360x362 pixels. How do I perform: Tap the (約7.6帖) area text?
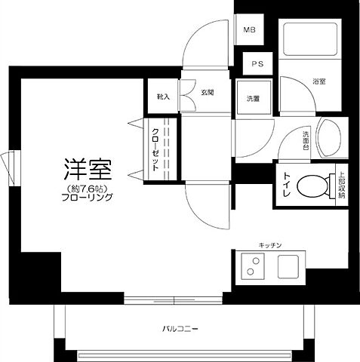[x=88, y=187]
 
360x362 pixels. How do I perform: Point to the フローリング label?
[x=88, y=198]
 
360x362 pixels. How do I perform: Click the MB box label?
[x=248, y=31]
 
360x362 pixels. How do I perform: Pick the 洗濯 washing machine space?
[x=253, y=97]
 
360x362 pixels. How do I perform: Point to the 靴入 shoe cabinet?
[x=164, y=97]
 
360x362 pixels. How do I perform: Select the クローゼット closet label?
[x=155, y=151]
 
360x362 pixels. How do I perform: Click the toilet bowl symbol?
[x=313, y=185]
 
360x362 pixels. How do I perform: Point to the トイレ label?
[x=287, y=185]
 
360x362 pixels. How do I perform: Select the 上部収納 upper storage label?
[x=340, y=185]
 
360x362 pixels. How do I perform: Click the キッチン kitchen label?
[x=270, y=245]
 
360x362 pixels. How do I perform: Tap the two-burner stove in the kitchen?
[x=251, y=267]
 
